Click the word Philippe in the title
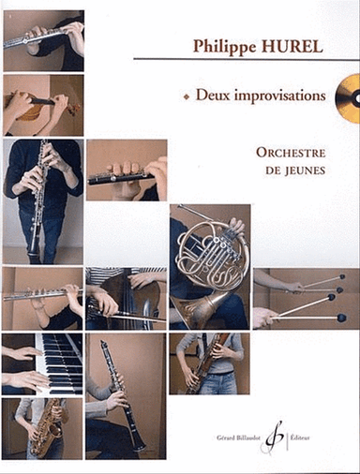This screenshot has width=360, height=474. coord(223,47)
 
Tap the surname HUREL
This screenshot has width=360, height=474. coord(292,47)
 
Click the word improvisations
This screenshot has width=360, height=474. coord(279,96)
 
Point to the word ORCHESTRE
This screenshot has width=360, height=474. coord(291,153)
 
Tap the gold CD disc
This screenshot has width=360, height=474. coord(348,98)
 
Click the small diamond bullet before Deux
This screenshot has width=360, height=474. coord(187,97)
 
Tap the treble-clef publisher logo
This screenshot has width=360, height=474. coord(275,437)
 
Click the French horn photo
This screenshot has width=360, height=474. coord(210,267)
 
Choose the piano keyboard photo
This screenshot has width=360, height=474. coord(42,364)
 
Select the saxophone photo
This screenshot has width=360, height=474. coord(42,428)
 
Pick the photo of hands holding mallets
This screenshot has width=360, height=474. coord(307,299)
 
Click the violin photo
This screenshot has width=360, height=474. coord(43,105)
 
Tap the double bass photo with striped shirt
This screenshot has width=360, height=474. coord(127,299)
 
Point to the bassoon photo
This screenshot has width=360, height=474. coord(210,363)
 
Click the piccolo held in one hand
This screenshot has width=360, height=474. coord(127,170)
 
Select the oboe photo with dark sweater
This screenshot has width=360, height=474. coord(43,201)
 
